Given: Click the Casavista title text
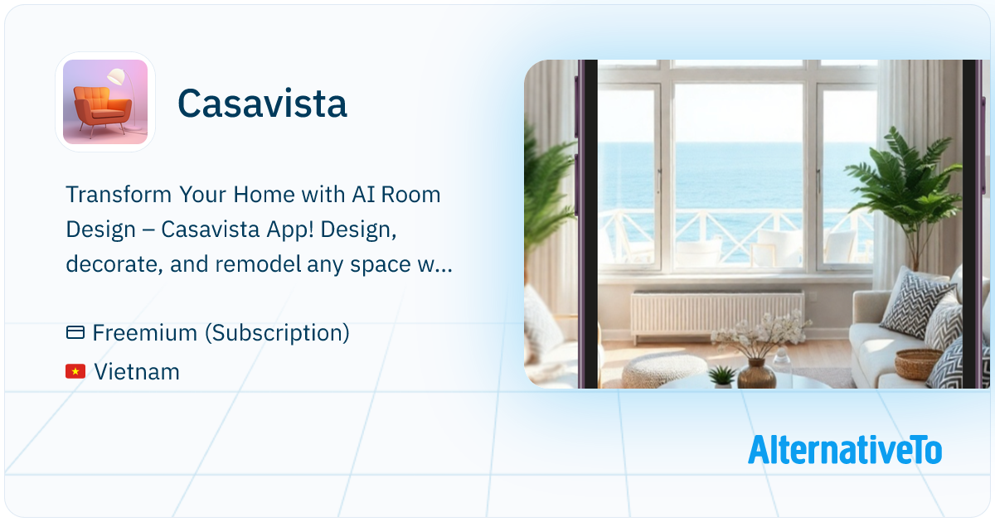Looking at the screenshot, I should (x=262, y=104).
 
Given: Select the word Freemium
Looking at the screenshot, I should (x=144, y=333).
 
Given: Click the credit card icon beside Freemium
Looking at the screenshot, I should (x=75, y=333).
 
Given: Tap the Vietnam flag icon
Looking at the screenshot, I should (x=75, y=372).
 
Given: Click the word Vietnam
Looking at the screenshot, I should (x=137, y=372).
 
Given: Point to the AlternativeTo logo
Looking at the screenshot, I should (x=844, y=450).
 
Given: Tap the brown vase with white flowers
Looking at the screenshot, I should (x=755, y=370).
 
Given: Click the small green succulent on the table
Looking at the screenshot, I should (x=722, y=376).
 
